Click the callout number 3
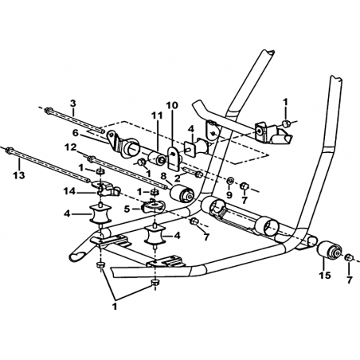(73, 103)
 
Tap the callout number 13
(19, 175)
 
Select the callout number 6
(76, 133)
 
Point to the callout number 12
(72, 147)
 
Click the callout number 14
(68, 190)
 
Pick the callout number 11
(157, 115)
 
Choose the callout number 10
(172, 105)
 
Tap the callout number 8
(163, 175)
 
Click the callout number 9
(229, 195)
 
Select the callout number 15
(325, 276)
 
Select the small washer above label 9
(230, 182)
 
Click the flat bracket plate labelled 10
(174, 158)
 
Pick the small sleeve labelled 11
(157, 158)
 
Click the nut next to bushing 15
(349, 258)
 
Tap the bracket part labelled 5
(153, 206)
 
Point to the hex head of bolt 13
(10, 151)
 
